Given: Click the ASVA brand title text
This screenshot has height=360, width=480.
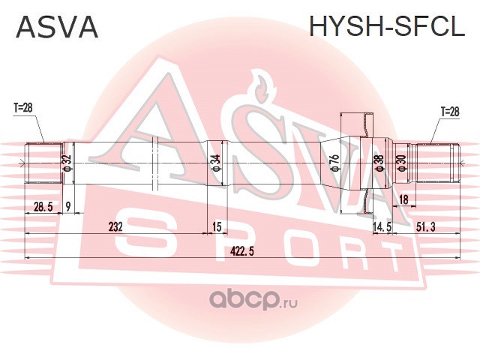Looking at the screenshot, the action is point(57,27).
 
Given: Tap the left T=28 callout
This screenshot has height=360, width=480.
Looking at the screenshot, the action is point(22,108).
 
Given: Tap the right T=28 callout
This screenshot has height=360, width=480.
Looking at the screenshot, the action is point(450,112).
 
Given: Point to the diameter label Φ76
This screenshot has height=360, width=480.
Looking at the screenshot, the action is point(335,163).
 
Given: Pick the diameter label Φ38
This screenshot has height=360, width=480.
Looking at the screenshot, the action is point(379,163).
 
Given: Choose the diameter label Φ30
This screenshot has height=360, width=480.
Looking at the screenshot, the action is point(402,163).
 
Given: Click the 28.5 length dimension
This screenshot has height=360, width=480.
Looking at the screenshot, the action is point(43,207).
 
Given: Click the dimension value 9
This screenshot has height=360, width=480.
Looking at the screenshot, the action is point(68,207).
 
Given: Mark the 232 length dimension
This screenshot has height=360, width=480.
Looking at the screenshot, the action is point(115,226).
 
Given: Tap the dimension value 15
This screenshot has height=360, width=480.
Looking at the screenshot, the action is point(217,226).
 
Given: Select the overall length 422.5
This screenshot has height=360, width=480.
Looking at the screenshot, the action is point(241,252).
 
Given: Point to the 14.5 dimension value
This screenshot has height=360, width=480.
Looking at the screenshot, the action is point(382,227).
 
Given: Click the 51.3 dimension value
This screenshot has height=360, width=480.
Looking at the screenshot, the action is point(425,227).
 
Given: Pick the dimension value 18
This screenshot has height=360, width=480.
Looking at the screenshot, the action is point(403,200).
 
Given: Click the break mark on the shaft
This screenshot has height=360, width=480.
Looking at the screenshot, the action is point(154,163).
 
